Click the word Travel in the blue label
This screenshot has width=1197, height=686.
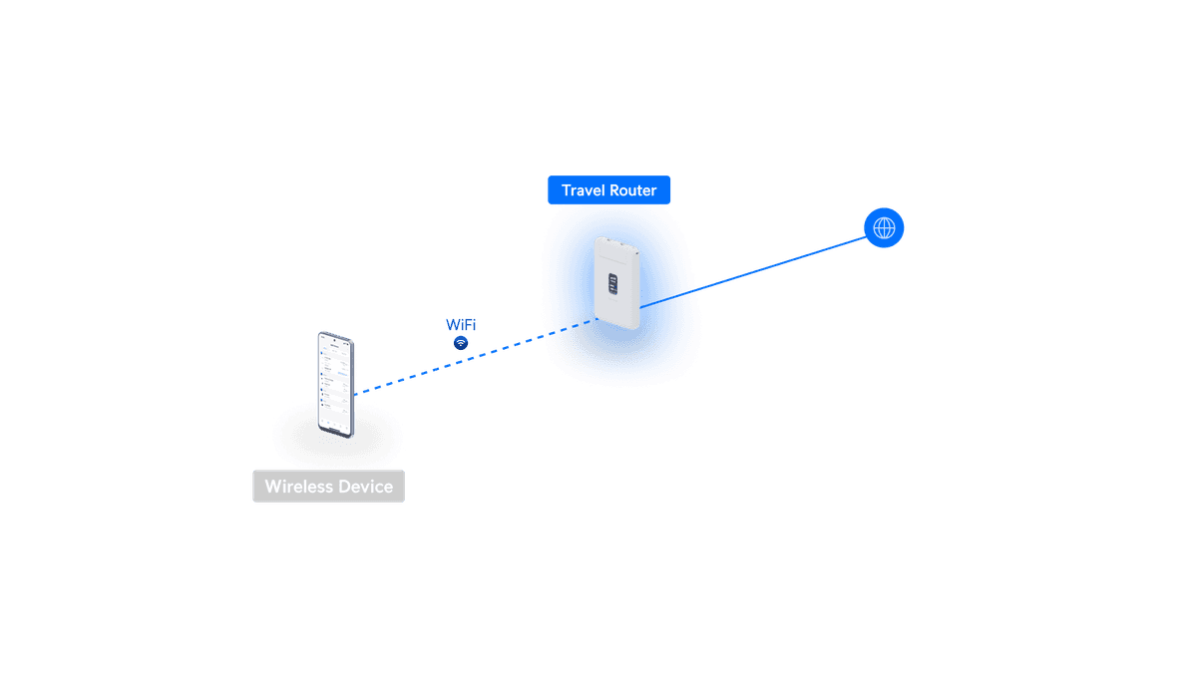pos(583,190)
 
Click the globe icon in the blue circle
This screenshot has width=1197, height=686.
pos(884,228)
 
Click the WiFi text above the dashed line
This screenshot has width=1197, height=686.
pos(461,325)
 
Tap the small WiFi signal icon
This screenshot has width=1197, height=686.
pos(461,343)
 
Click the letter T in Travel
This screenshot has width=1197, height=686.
pos(566,190)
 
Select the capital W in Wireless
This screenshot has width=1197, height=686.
pos(272,488)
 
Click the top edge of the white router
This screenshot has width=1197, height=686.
pos(615,239)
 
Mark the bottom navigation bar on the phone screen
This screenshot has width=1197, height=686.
pos(337,426)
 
